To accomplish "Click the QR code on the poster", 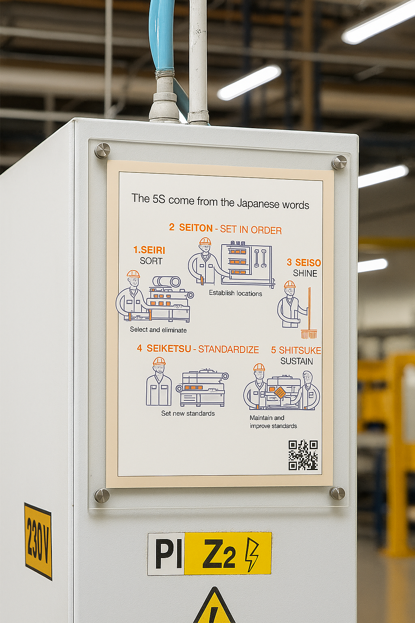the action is tap(303, 455).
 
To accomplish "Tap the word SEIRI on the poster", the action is tap(153, 250).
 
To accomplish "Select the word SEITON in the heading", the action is tap(196, 228).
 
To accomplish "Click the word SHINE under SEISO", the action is tap(305, 273).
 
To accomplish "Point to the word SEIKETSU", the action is tap(169, 348).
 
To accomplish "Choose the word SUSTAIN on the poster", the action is tap(297, 361).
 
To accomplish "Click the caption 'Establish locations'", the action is tap(235, 293).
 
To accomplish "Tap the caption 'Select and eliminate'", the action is tap(158, 330).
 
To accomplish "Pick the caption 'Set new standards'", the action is tap(188, 413).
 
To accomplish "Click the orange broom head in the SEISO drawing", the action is tap(309, 334).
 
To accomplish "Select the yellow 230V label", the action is tap(39, 541).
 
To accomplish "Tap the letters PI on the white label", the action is tap(168, 554).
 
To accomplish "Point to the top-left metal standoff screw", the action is tap(102, 150).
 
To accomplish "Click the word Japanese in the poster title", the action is tap(258, 204).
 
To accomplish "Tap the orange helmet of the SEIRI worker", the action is tap(133, 274).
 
